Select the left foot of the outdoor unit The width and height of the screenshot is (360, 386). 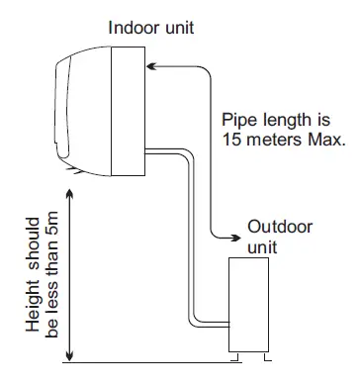(x=235, y=353)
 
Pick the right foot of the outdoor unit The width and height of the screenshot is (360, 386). (x=264, y=353)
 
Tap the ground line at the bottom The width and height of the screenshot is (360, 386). (x=148, y=361)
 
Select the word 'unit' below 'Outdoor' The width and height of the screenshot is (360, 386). (x=262, y=244)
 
